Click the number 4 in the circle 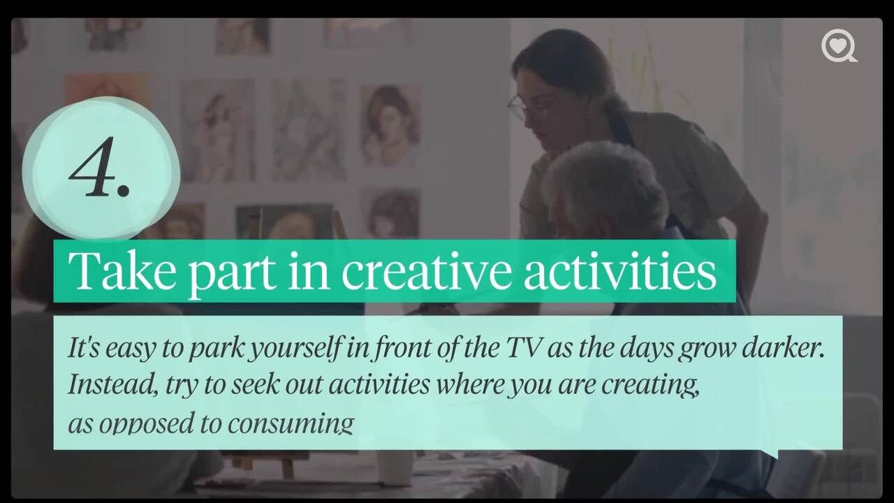click(94, 167)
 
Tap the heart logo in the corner click(839, 47)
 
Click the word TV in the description click(523, 348)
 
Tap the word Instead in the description click(112, 384)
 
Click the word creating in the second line click(650, 386)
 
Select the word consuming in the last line click(291, 424)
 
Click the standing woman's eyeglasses click(520, 107)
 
